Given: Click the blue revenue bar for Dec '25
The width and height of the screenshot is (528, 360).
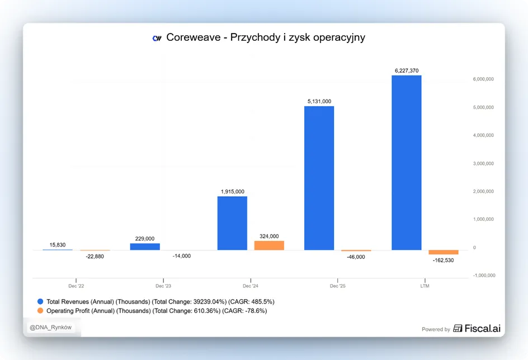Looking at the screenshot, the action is click(x=319, y=178).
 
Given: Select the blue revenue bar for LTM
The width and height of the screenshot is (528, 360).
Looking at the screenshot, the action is click(x=407, y=163).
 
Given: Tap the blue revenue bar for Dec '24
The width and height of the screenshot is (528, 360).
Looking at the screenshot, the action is click(x=232, y=223).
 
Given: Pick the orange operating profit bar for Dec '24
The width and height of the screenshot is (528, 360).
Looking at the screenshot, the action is click(x=269, y=245).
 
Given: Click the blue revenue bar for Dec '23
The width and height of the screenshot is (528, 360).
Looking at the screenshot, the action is click(x=145, y=247).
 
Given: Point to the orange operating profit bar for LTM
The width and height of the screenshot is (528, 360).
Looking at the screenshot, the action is click(x=444, y=252).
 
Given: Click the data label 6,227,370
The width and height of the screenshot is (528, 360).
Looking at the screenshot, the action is click(x=407, y=70).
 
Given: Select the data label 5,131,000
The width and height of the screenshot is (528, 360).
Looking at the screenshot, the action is click(x=319, y=101).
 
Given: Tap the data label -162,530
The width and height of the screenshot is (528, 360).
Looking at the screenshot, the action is click(x=443, y=260).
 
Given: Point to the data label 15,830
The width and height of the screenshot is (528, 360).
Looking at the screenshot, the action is click(x=58, y=245).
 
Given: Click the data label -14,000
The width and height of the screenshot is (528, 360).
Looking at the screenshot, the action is click(x=181, y=256).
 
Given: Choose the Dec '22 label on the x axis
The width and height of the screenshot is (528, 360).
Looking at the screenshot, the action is click(x=76, y=286).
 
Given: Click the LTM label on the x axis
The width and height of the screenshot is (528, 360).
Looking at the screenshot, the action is click(x=425, y=286).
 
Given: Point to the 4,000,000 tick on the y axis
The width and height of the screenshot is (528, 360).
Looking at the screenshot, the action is click(x=483, y=135).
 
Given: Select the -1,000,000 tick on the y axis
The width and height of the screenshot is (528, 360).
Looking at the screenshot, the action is click(x=484, y=275).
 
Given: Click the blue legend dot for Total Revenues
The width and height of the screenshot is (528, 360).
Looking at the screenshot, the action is click(x=40, y=301).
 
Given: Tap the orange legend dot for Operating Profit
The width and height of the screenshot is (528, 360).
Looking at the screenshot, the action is click(x=40, y=311).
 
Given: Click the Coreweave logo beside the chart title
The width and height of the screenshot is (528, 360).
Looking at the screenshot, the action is click(x=157, y=38).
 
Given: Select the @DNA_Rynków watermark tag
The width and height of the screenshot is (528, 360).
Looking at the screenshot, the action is click(x=50, y=328).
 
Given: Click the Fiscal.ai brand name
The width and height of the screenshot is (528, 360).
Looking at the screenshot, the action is click(x=483, y=328).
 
